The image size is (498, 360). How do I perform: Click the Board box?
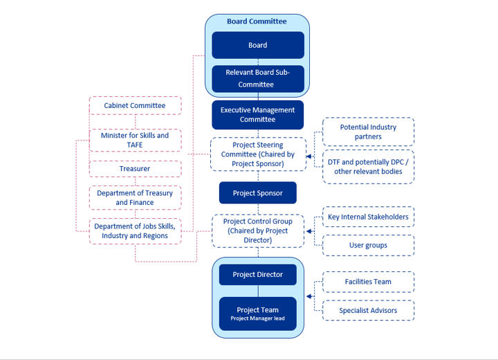[x=257, y=45]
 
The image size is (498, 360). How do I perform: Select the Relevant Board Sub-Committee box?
[x=257, y=78]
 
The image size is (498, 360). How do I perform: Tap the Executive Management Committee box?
[x=257, y=115]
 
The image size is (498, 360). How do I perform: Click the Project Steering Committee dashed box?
[x=257, y=154]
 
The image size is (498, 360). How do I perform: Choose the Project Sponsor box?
[x=257, y=193]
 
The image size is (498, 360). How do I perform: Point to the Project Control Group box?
[x=257, y=231]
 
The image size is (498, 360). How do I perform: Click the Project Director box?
[x=257, y=274]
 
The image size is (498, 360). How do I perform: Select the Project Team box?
[x=257, y=314]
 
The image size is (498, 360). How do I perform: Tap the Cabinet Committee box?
[x=135, y=105]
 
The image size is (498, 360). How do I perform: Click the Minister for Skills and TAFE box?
[x=135, y=140]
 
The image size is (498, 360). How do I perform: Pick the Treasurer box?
[x=135, y=168]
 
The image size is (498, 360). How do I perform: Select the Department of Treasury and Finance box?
[x=135, y=197]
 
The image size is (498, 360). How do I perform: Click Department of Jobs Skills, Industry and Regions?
[x=135, y=231]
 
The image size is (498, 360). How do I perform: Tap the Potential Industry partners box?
[x=368, y=132]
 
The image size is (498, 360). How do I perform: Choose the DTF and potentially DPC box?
[x=368, y=166]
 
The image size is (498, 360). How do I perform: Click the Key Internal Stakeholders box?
[x=368, y=217]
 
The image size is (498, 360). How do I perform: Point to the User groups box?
[x=368, y=245]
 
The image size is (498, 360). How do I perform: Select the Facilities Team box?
[x=368, y=282]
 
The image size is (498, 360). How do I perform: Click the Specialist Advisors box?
[x=368, y=310]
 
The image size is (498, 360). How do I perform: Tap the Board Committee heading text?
[x=257, y=21]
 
